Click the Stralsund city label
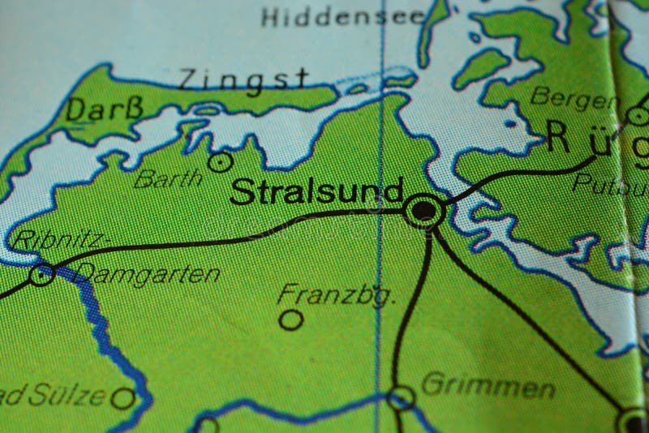pos(316,192)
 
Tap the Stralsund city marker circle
pos(423,212)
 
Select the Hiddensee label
pos(343,16)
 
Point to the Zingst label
pos(243,79)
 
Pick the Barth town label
pos(169,178)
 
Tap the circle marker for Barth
pos(220,162)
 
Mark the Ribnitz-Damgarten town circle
pos(41,274)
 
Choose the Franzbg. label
pos(336,294)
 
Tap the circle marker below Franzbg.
pos(290,319)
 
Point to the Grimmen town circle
pos(401,397)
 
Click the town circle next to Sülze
pos(123,398)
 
